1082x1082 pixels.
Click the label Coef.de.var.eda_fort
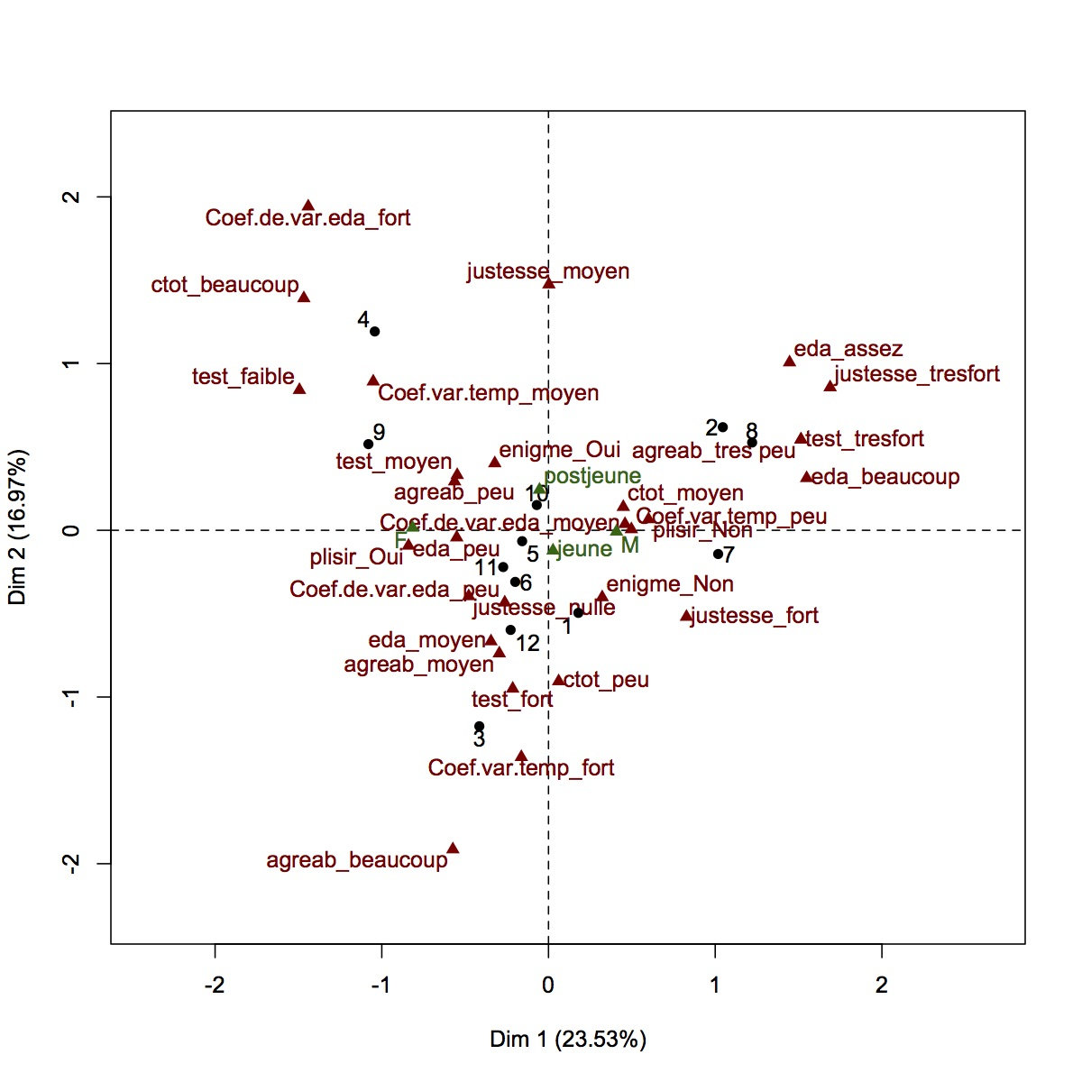[x=307, y=218]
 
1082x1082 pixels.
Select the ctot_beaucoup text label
[x=225, y=286]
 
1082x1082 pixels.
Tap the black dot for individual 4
[x=375, y=332]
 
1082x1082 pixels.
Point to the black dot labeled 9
[x=368, y=444]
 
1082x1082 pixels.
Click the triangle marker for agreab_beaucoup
[x=453, y=848]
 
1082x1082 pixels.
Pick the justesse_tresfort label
[x=917, y=374]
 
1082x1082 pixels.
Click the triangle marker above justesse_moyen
[x=548, y=283]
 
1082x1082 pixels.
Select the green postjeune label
[x=592, y=476]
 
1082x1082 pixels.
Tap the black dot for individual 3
[x=479, y=726]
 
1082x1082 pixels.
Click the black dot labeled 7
[x=718, y=554]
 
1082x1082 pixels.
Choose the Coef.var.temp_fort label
[x=521, y=768]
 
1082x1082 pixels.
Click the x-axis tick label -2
[x=215, y=986]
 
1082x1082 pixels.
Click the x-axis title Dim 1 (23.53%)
[x=568, y=1040]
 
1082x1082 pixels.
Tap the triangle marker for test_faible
[x=299, y=389]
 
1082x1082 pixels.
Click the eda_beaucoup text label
[x=885, y=477]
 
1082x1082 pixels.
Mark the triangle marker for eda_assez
[x=789, y=362]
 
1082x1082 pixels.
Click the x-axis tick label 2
[x=881, y=986]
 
